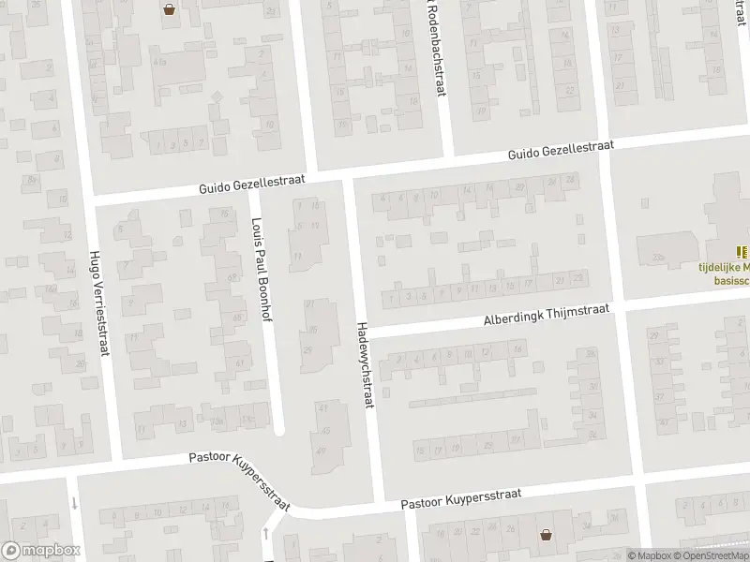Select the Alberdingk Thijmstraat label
click(x=547, y=315)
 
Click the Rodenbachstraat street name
click(x=436, y=49)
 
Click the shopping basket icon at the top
click(x=169, y=10)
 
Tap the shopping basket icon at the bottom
click(x=546, y=535)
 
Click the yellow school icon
click(x=742, y=251)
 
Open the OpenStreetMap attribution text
click(x=711, y=555)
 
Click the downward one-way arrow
click(x=74, y=503)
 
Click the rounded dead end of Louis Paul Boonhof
click(x=278, y=430)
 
